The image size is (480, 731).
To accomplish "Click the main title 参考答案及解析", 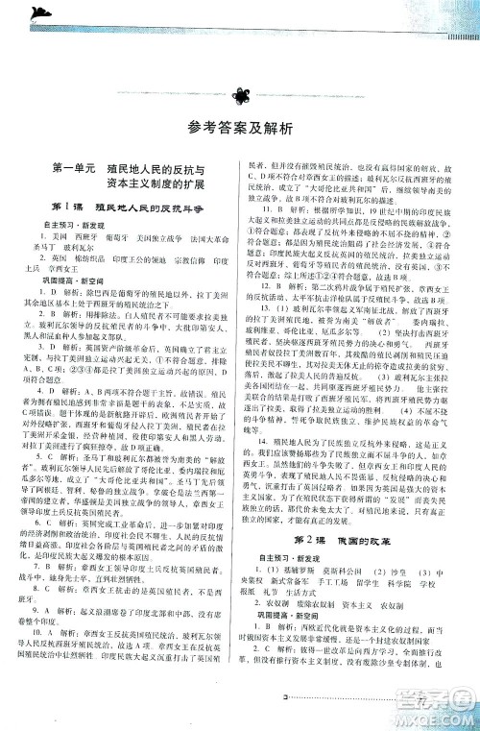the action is pos(239,131).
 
